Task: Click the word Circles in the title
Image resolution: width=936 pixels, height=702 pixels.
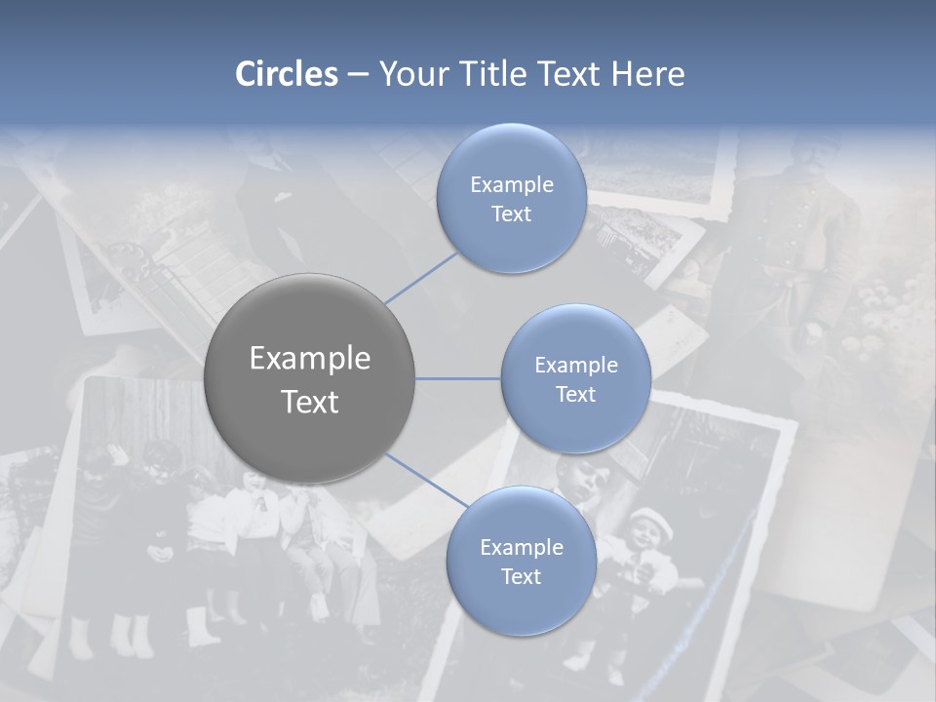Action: [286, 74]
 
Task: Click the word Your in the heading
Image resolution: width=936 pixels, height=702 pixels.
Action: [413, 74]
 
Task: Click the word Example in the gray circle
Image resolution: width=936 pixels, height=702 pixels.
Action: [309, 359]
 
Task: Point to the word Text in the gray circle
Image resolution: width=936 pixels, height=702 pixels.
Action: [309, 402]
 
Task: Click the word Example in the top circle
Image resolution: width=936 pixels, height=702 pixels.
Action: [511, 185]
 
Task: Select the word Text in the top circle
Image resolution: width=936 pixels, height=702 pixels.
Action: [511, 214]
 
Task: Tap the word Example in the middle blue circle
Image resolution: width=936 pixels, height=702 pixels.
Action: [575, 366]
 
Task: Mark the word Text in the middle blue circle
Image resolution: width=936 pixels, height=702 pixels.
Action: [575, 395]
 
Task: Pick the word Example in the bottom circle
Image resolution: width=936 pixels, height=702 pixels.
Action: [521, 548]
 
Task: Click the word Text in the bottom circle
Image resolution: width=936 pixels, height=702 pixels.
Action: [521, 577]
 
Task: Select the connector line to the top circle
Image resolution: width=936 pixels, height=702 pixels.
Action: [422, 277]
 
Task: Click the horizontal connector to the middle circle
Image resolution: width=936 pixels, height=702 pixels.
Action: [458, 378]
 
